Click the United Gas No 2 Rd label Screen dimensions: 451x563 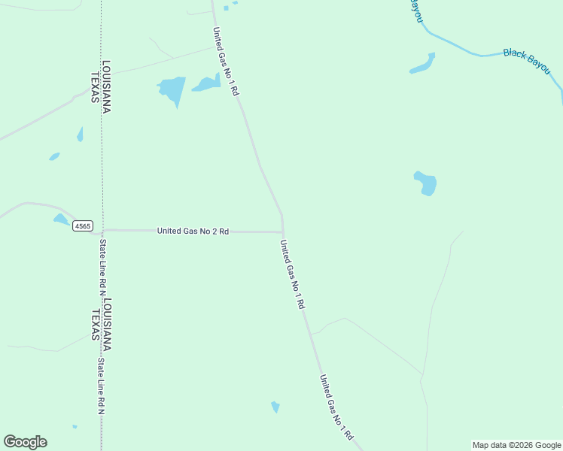193,231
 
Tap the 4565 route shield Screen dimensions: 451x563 83,225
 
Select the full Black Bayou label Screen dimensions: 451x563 527,60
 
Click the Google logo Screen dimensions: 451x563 25,442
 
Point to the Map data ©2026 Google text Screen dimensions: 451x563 516,445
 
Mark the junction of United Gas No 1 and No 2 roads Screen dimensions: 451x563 282,232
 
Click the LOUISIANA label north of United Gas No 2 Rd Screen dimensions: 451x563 107,86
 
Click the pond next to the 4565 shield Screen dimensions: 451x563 61,219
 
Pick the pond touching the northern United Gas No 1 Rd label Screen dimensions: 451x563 206,83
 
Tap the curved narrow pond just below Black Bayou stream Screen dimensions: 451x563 422,65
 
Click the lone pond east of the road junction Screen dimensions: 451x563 426,183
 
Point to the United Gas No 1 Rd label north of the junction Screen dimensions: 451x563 225,61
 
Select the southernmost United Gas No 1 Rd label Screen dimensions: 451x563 336,407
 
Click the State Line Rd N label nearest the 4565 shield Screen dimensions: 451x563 103,267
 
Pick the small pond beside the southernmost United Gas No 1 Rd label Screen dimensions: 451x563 275,407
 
